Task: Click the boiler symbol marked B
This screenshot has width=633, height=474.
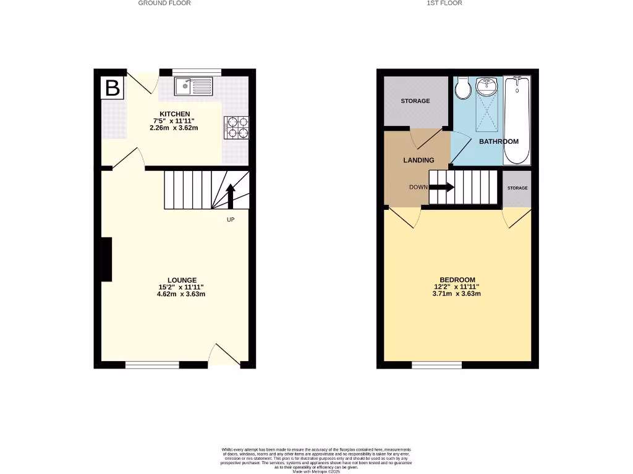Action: click(x=112, y=88)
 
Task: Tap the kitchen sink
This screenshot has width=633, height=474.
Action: click(x=193, y=86)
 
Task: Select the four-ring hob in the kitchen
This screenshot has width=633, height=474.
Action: click(x=236, y=127)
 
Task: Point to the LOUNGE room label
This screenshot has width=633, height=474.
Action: click(x=181, y=280)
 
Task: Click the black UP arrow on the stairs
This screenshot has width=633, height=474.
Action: click(x=231, y=196)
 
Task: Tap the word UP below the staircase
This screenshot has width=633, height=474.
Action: click(x=231, y=219)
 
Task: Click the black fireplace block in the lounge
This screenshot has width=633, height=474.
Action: click(x=107, y=259)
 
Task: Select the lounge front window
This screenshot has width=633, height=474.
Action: click(x=152, y=365)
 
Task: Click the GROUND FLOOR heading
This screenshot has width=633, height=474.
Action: click(x=164, y=3)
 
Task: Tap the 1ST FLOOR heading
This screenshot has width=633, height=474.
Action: click(x=444, y=3)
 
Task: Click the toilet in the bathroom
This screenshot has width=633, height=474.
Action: click(x=462, y=89)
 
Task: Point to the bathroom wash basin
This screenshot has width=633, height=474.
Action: click(x=487, y=86)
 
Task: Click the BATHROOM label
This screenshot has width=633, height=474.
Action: click(x=499, y=141)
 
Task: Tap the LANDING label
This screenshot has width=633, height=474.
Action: click(x=418, y=160)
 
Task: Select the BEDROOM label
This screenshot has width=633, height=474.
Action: click(x=457, y=279)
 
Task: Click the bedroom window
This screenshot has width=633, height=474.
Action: click(x=436, y=365)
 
